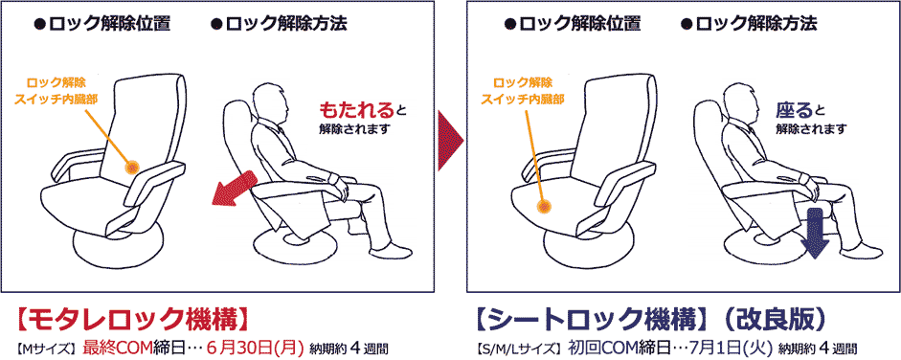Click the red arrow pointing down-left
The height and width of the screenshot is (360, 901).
[234, 189]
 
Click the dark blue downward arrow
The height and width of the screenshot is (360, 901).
[817, 234]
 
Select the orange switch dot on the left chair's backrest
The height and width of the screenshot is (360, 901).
[133, 168]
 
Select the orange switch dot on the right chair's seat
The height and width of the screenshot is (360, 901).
[544, 206]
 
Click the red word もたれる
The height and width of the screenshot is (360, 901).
[357, 109]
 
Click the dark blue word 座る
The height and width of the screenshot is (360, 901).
[795, 109]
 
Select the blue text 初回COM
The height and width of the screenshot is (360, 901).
[596, 348]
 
